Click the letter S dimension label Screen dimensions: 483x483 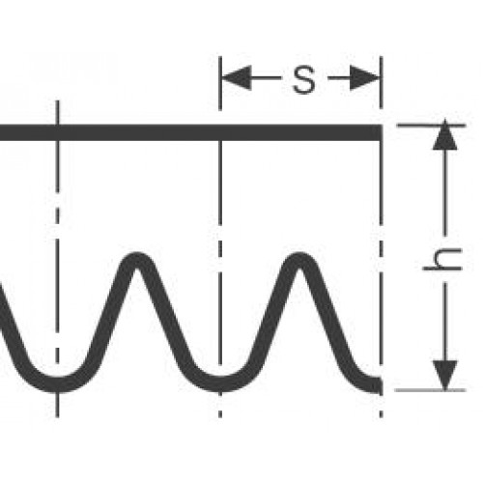304,79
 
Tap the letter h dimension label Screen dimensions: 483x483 442,260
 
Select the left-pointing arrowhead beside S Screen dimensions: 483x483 237,78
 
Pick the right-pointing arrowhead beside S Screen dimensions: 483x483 364,78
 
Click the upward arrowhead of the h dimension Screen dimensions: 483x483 445,134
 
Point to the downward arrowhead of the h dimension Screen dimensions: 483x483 445,376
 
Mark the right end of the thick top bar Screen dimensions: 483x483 383,132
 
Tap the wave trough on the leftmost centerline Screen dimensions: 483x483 57,384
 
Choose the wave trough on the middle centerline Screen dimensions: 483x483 220,384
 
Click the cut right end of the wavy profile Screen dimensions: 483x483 381,385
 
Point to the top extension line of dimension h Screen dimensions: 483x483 432,125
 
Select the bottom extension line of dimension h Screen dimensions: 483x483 430,390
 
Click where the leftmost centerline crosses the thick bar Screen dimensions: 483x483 57,132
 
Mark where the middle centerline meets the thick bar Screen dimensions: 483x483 220,132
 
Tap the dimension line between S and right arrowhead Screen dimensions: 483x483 339,78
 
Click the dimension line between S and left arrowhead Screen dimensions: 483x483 267,78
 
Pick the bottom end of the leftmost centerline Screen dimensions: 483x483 57,417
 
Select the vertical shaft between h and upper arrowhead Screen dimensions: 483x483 445,192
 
